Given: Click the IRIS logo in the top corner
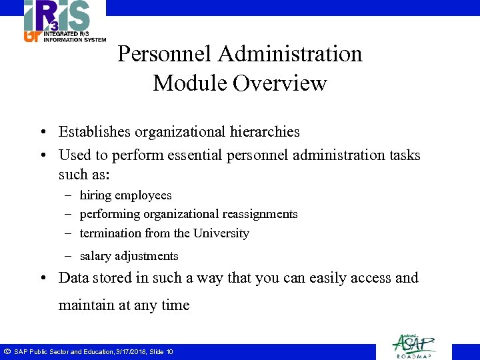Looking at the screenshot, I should pyautogui.click(x=64, y=21).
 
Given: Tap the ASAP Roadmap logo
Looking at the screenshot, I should pyautogui.click(x=413, y=345).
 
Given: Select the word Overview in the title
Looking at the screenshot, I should pyautogui.click(x=280, y=84).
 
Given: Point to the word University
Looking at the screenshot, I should pyautogui.click(x=221, y=233).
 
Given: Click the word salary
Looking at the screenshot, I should pyautogui.click(x=95, y=256).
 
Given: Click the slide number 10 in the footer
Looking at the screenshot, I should pyautogui.click(x=169, y=351).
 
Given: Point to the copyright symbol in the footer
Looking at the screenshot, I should pyautogui.click(x=7, y=351).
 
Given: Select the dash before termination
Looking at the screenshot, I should pyautogui.click(x=69, y=233).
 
